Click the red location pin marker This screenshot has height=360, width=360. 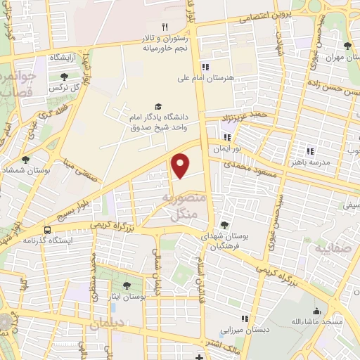click(181, 165)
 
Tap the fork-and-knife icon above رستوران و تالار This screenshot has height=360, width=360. click(165, 27)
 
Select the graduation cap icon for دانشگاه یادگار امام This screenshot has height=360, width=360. click(157, 106)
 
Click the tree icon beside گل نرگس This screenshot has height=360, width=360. click(64, 76)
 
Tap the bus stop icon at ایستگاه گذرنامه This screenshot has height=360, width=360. click(47, 230)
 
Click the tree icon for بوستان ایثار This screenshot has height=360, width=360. click(127, 285)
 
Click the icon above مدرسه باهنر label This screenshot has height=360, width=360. click(310, 150)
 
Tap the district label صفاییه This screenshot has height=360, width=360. click(330, 249)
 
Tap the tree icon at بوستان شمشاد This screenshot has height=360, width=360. click(26, 160)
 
